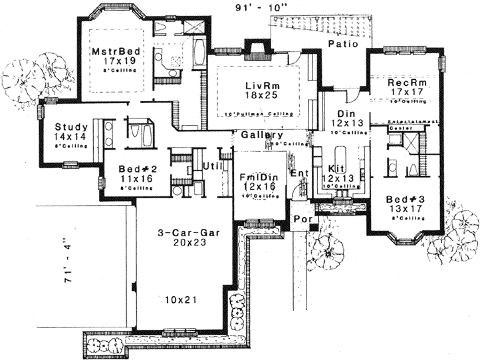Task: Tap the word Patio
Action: pos(343,44)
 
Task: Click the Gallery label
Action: pos(258,134)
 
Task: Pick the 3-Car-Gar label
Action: pos(181,233)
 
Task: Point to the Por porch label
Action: pos(300,220)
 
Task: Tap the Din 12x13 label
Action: pos(344,118)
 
